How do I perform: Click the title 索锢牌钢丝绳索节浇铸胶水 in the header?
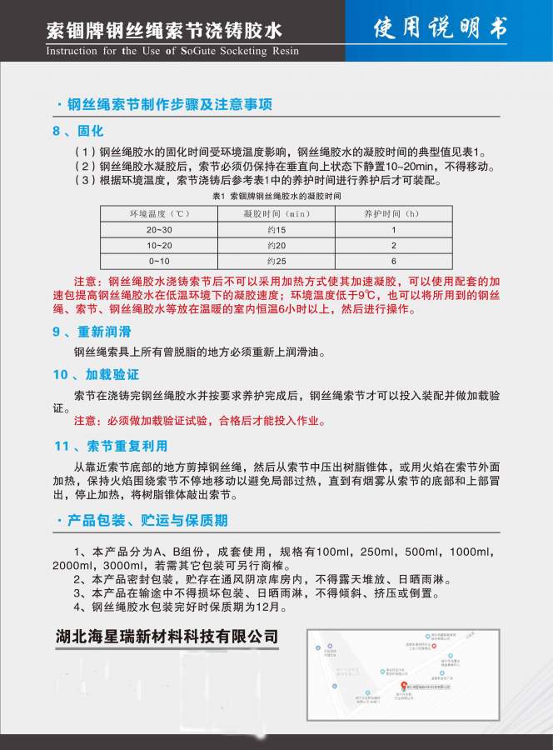(165, 31)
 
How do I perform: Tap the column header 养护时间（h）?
(393, 213)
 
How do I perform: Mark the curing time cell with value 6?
(393, 261)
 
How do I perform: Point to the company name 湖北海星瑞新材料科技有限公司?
(167, 637)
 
